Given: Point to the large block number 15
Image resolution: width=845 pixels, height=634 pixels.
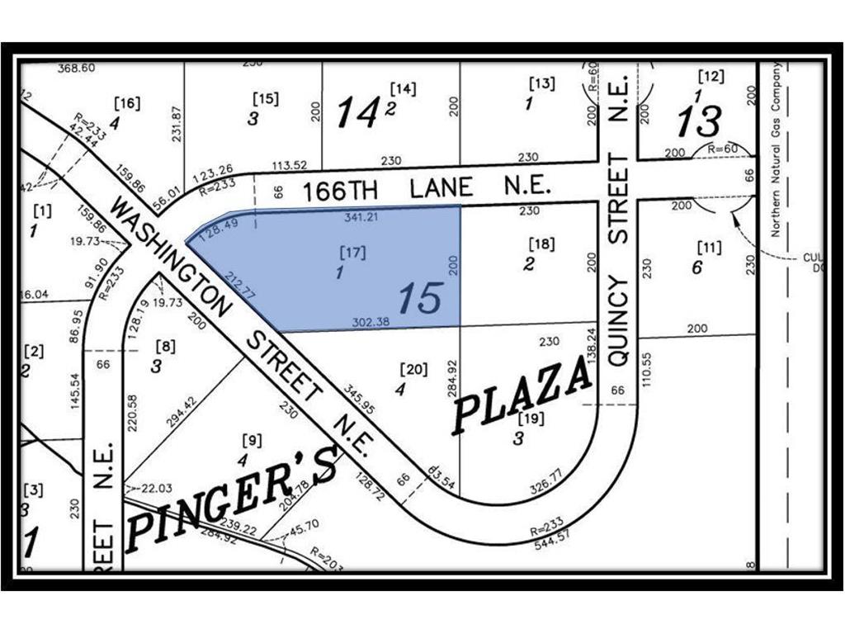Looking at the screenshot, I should point(420,298).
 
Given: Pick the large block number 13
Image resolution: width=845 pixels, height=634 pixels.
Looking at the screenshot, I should point(699,121).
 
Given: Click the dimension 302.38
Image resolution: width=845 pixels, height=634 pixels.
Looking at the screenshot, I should point(371,322).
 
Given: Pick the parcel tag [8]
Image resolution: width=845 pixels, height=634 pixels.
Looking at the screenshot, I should point(165,347).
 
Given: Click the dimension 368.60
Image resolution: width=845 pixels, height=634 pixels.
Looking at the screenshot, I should point(76,68).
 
